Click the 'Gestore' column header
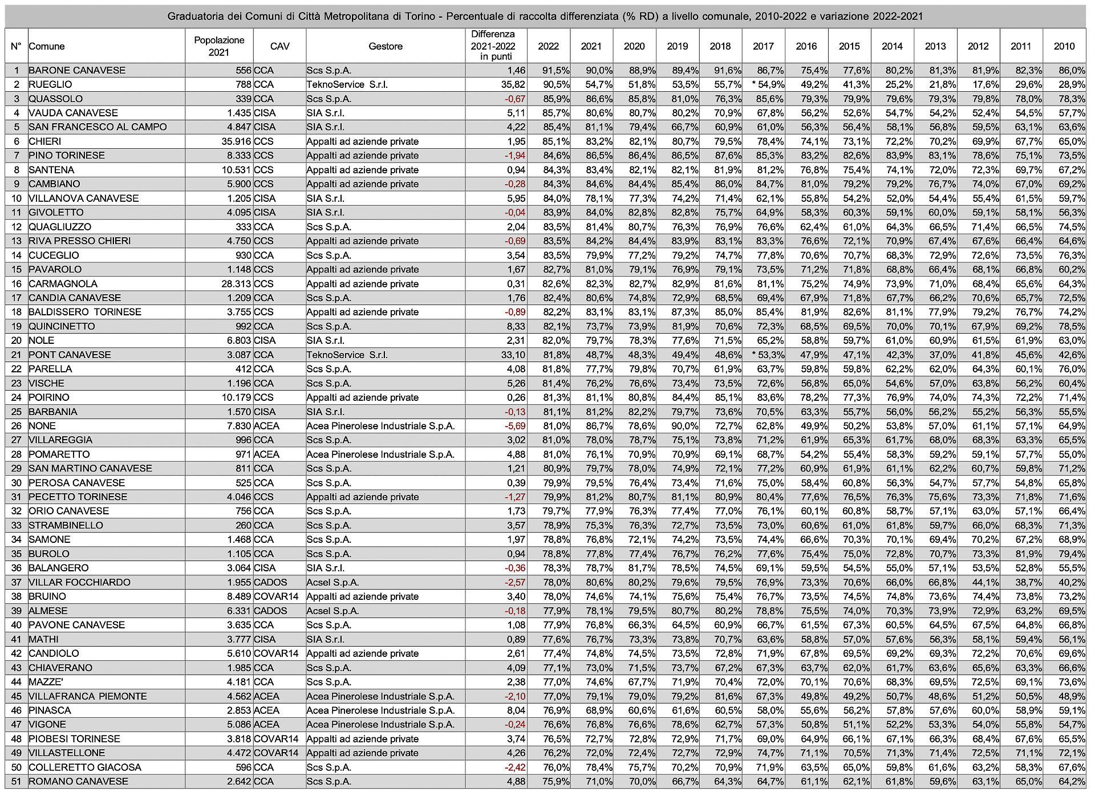tap(386, 46)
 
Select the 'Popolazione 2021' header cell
tap(219, 46)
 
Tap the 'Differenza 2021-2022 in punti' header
tap(493, 46)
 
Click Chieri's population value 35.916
tap(236, 141)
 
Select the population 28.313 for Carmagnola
tap(236, 284)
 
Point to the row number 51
tap(17, 781)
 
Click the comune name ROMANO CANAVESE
tap(78, 781)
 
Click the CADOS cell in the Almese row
tap(270, 611)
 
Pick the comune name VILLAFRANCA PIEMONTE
tap(87, 696)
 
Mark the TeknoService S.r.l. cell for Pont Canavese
tap(347, 355)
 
